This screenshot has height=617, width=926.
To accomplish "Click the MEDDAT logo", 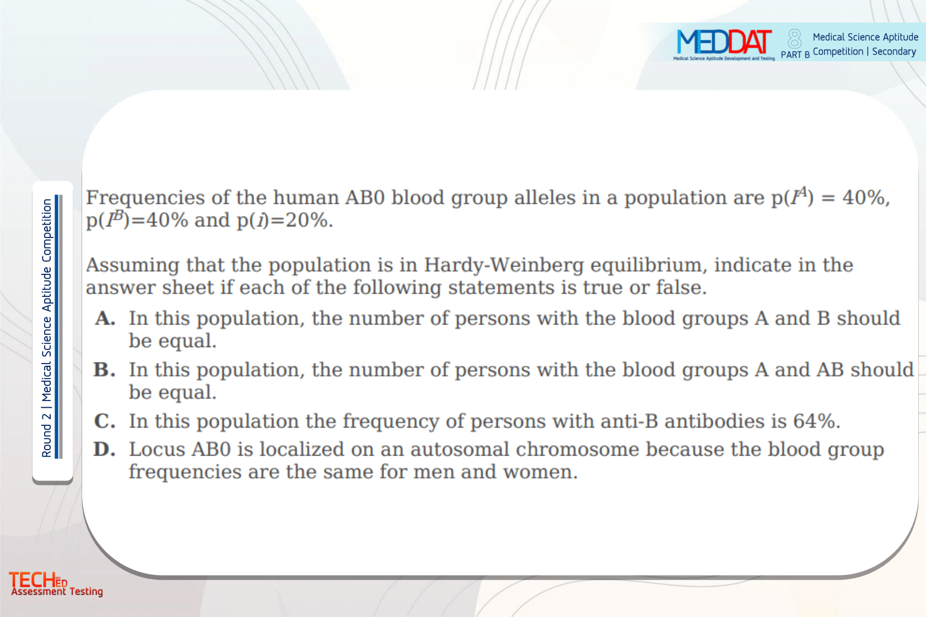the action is click(724, 44).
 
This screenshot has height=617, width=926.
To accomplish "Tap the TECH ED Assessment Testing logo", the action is click(56, 583).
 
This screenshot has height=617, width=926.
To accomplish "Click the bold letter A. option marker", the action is click(105, 318).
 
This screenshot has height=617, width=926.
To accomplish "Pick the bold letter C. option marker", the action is click(105, 421).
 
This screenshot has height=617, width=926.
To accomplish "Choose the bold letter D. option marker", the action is click(105, 450).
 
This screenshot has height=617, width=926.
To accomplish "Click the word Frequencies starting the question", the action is click(145, 198).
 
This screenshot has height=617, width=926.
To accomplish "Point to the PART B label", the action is click(795, 55).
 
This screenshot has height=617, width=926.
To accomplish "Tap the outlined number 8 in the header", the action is click(795, 39).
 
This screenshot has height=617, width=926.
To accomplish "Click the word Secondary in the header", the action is click(894, 52).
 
